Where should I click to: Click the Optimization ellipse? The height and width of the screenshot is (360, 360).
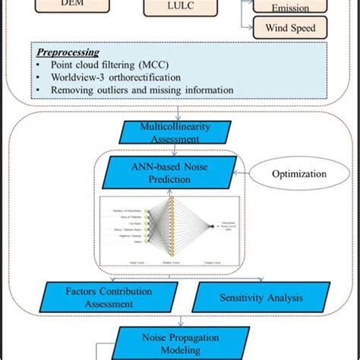[x=300, y=174]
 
